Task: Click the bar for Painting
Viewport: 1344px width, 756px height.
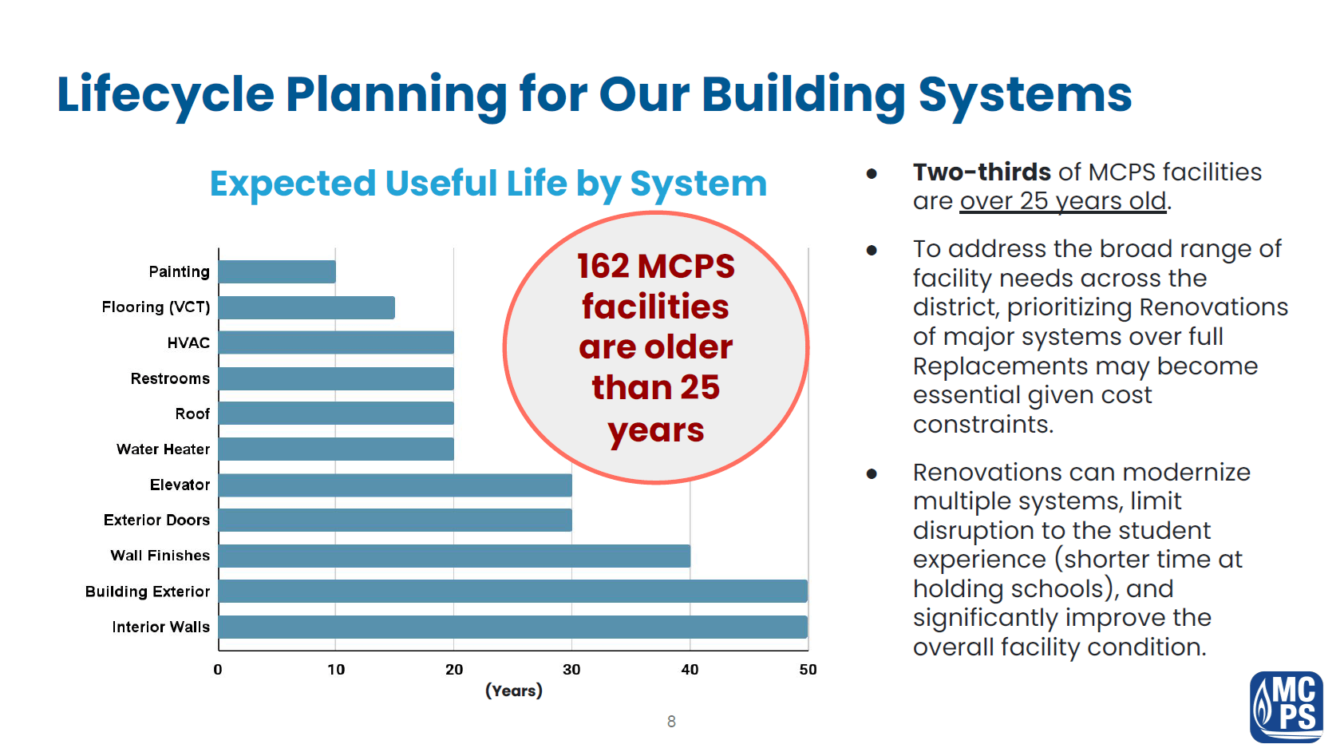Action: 277,271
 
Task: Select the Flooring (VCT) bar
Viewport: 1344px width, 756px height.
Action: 306,308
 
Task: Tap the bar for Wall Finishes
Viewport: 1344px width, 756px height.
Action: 454,556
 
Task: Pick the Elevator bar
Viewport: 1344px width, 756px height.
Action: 395,485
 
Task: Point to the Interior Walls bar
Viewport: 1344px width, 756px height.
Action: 513,627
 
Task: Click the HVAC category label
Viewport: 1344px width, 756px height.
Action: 188,343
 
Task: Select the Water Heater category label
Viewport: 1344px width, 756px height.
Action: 163,449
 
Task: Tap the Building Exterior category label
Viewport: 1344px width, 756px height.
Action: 148,592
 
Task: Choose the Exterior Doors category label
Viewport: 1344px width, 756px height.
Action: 156,520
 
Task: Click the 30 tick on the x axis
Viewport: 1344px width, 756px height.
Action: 571,670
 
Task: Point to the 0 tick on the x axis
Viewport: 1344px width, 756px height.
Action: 218,670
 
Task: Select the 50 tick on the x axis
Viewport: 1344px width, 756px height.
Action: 808,670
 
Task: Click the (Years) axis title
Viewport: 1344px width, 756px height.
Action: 514,691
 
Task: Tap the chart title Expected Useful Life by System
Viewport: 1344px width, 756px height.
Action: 488,183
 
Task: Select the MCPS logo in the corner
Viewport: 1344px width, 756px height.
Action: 1287,707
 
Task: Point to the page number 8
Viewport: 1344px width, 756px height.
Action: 671,721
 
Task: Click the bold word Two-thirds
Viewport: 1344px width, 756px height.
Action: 982,172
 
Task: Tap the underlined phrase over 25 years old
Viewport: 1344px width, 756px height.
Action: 1062,202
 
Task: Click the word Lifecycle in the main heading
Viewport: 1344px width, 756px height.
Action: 165,96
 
